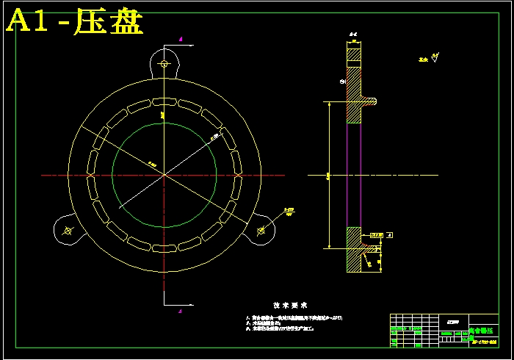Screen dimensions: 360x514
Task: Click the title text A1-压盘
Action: coord(73,22)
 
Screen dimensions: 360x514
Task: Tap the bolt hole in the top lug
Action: coord(165,65)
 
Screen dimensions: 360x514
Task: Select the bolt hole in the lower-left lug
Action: coord(68,231)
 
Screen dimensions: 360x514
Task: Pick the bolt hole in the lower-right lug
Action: coord(261,231)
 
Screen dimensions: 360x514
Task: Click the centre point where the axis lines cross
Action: coord(164,176)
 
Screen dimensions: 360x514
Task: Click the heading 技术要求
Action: coord(289,305)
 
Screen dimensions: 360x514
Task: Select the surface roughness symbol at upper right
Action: coord(435,60)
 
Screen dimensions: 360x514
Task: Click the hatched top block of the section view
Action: coord(354,54)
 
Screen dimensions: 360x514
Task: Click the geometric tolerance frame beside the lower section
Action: coord(376,235)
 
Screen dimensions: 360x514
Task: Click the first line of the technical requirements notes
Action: coord(294,317)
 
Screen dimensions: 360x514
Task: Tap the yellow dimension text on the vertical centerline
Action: coord(161,115)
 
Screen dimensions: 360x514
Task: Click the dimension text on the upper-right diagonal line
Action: coord(214,136)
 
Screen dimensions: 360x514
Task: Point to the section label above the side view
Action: coord(352,34)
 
